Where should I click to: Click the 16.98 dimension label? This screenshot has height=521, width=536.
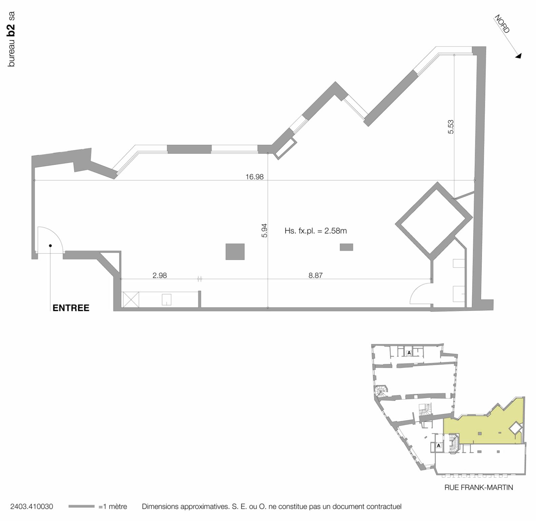[254, 177]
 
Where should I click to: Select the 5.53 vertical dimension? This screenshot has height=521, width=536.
[451, 127]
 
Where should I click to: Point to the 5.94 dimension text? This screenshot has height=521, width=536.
[264, 230]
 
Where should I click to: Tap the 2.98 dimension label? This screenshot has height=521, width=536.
[159, 275]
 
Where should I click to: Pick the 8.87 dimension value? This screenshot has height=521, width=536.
[315, 275]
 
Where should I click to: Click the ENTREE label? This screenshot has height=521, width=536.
[71, 308]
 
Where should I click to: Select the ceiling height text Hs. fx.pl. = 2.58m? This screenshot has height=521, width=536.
[315, 231]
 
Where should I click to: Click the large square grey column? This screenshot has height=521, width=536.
[235, 252]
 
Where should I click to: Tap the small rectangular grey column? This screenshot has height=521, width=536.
[346, 247]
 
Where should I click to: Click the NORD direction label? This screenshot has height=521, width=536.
[502, 24]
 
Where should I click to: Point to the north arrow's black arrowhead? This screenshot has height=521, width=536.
[518, 56]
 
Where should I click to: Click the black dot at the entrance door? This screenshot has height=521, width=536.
[51, 246]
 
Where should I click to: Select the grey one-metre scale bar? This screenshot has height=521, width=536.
[81, 506]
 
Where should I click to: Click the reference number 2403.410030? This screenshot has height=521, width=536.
[32, 507]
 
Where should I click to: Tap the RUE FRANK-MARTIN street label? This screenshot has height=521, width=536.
[478, 487]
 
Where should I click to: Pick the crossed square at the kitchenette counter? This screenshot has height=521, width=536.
[131, 300]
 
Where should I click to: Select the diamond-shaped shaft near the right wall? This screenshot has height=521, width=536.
[434, 219]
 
